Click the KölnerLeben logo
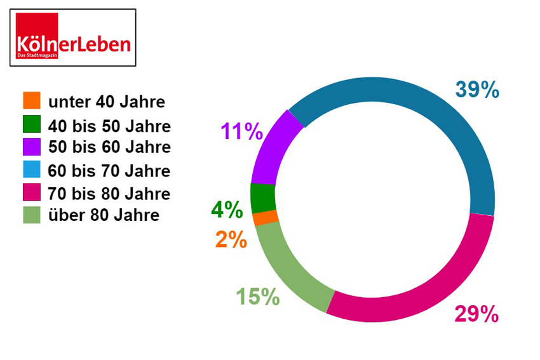[x=72, y=37]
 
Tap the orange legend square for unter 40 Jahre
[x=31, y=100]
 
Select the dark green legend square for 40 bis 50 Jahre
[x=31, y=124]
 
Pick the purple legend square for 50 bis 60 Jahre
[x=31, y=147]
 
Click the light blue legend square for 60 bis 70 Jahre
[x=31, y=170]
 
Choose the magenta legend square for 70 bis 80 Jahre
[x=31, y=192]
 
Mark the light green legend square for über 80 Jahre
[x=31, y=215]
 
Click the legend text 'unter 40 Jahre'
[x=107, y=102]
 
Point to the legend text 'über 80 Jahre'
[x=104, y=215]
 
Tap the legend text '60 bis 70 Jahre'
[x=109, y=170]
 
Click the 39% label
[x=477, y=90]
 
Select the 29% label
[x=476, y=314]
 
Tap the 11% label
[x=241, y=131]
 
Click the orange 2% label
[x=231, y=239]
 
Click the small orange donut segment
[x=266, y=218]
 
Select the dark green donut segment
[x=262, y=199]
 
